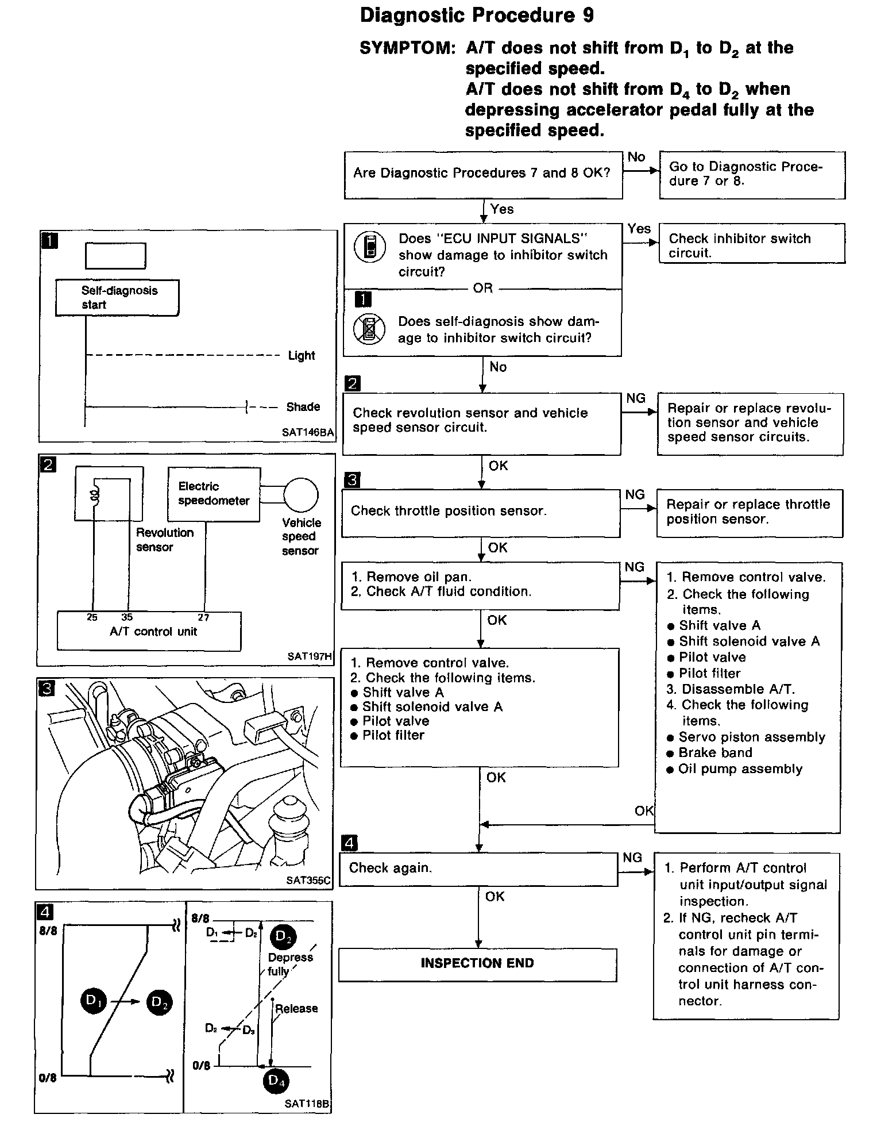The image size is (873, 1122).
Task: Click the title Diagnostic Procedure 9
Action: [x=477, y=16]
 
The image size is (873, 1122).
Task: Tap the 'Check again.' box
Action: [x=478, y=868]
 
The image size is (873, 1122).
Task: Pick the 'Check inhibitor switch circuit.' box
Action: [x=752, y=244]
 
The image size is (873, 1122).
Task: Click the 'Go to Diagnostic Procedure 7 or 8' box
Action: [x=752, y=175]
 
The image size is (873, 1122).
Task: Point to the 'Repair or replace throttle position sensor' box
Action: [x=750, y=513]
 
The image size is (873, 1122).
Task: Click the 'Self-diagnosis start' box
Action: [x=117, y=298]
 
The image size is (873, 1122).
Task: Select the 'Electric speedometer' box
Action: [x=214, y=494]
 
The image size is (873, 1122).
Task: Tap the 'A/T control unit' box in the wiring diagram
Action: [x=149, y=632]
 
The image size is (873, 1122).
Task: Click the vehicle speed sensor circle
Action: [x=300, y=495]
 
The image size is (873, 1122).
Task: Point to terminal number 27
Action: [x=203, y=618]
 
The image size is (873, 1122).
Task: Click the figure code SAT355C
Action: [x=308, y=880]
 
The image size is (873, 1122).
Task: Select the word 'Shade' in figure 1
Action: [x=303, y=407]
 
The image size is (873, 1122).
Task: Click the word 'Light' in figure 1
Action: [x=302, y=356]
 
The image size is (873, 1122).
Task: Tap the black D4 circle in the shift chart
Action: [x=276, y=1082]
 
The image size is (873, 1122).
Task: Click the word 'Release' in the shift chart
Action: [x=296, y=1009]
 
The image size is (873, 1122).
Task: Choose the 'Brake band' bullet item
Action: [x=715, y=753]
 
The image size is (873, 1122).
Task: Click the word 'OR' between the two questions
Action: [x=482, y=288]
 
